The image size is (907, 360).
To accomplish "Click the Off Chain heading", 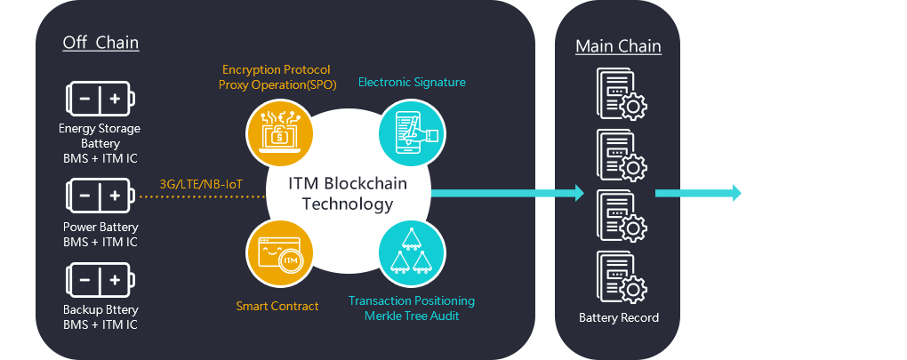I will (100, 43).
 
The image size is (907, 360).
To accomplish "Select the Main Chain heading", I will (618, 46).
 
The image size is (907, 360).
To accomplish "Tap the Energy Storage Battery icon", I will (100, 99).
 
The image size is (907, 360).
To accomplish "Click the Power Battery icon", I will (100, 194).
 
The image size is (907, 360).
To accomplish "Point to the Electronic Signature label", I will (412, 83).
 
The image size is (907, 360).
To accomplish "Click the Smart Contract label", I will (277, 307).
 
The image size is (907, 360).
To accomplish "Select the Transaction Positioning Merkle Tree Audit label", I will (412, 308).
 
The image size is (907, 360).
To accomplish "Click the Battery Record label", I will (619, 317).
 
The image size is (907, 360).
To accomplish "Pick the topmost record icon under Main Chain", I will (619, 94).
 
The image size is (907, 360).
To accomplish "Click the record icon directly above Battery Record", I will (619, 277).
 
